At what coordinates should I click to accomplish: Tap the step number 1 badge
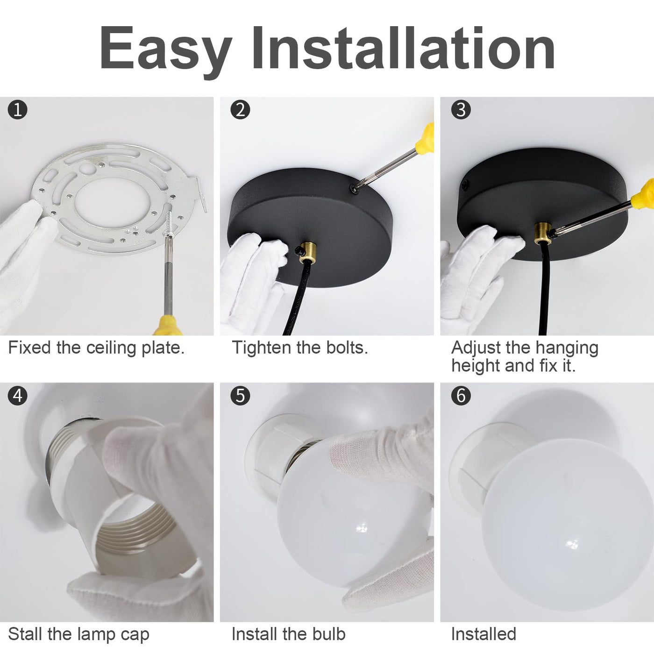pyautogui.click(x=17, y=110)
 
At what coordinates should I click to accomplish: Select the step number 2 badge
pyautogui.click(x=240, y=110)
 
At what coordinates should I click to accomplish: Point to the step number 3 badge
pyautogui.click(x=461, y=110)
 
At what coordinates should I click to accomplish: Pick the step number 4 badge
pyautogui.click(x=17, y=396)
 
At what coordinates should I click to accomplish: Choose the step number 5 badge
pyautogui.click(x=240, y=396)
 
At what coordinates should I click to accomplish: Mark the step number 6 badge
pyautogui.click(x=461, y=396)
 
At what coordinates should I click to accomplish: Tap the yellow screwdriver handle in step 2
pyautogui.click(x=426, y=138)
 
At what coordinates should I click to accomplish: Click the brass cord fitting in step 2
pyautogui.click(x=308, y=254)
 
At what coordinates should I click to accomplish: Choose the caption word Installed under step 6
pyautogui.click(x=483, y=633)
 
